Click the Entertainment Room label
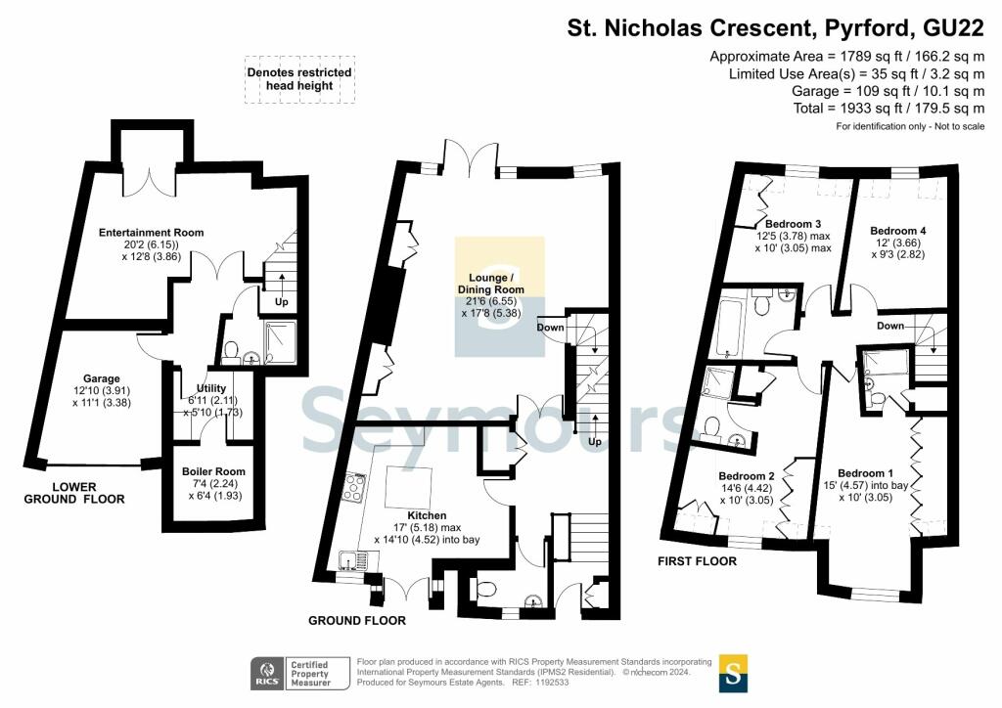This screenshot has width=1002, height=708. click(151, 233)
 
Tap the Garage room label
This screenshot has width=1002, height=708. click(101, 378)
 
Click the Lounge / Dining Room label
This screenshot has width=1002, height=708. click(490, 284)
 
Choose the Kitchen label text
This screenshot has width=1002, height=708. click(428, 515)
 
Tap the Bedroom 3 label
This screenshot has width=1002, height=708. click(793, 225)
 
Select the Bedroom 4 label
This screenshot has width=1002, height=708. click(898, 231)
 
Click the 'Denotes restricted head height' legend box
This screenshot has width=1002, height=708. click(299, 79)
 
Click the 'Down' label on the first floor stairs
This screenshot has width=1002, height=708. click(890, 326)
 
